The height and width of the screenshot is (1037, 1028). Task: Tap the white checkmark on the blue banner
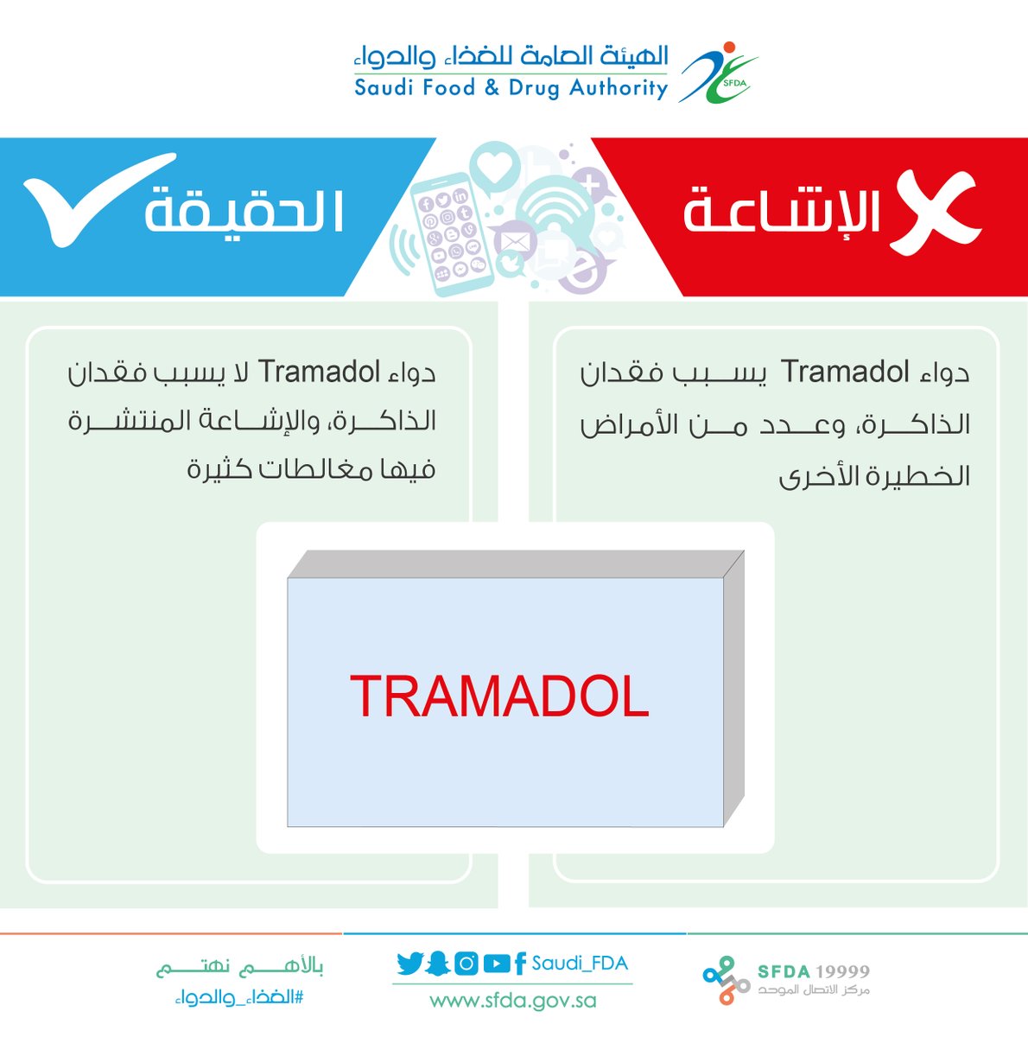pyautogui.click(x=99, y=199)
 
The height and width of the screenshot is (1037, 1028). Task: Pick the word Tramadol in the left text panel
pyautogui.click(x=320, y=372)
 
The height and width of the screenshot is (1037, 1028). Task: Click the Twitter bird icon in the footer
pyautogui.click(x=410, y=964)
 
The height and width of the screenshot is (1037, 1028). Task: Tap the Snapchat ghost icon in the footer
pyautogui.click(x=438, y=964)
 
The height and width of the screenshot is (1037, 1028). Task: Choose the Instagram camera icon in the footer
pyautogui.click(x=466, y=964)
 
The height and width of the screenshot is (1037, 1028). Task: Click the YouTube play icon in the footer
pyautogui.click(x=496, y=964)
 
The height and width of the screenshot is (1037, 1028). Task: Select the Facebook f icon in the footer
pyautogui.click(x=519, y=964)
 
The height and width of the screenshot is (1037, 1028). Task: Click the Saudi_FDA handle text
pyautogui.click(x=580, y=964)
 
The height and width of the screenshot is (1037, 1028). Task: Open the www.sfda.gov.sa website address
pyautogui.click(x=513, y=1001)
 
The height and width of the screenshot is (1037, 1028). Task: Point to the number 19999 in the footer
pyautogui.click(x=841, y=971)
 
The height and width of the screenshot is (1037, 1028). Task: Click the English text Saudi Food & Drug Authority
pyautogui.click(x=511, y=88)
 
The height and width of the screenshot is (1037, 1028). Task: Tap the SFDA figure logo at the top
pyautogui.click(x=719, y=72)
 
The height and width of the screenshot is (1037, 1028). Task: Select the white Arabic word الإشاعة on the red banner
pyautogui.click(x=782, y=212)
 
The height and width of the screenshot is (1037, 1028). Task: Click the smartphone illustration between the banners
pyautogui.click(x=452, y=235)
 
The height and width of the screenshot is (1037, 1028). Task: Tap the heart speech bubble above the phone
pyautogui.click(x=495, y=168)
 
